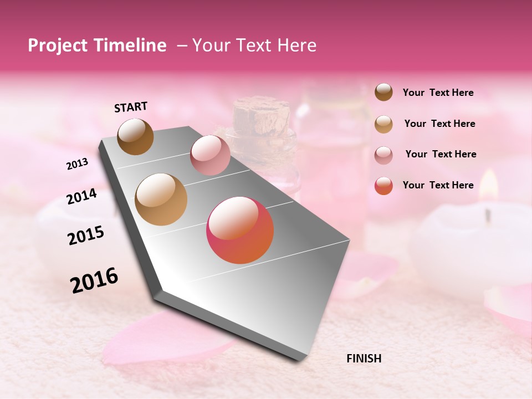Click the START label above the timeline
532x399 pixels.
(x=131, y=107)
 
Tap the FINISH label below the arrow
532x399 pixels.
(x=364, y=359)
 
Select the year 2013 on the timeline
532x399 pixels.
(x=77, y=163)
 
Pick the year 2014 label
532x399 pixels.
(x=81, y=197)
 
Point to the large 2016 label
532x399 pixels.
(x=94, y=280)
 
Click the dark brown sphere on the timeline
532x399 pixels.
(x=135, y=136)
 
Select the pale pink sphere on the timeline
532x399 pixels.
(x=210, y=155)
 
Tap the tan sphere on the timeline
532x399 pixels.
(x=161, y=199)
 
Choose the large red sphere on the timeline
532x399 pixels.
(x=240, y=230)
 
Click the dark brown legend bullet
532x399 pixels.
(x=383, y=92)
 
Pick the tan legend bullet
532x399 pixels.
(x=383, y=124)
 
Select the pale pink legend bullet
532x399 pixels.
(x=383, y=155)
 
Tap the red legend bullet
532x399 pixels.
(x=383, y=186)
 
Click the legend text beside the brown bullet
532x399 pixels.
(x=438, y=93)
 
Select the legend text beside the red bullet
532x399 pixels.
(x=438, y=185)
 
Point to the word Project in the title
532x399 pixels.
(x=58, y=45)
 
